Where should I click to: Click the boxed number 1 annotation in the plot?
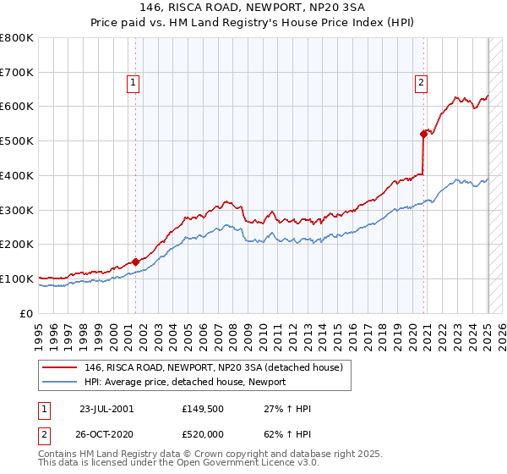coord(134,82)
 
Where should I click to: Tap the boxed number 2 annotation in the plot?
coord(421,82)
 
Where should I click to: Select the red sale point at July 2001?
coord(135,262)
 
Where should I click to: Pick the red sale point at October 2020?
coord(423,133)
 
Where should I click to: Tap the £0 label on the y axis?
coord(27,313)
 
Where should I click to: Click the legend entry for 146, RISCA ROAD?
coord(213,367)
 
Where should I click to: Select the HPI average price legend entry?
coord(185,382)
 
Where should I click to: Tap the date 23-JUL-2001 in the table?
coord(106,409)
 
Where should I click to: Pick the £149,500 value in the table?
coord(201,409)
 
